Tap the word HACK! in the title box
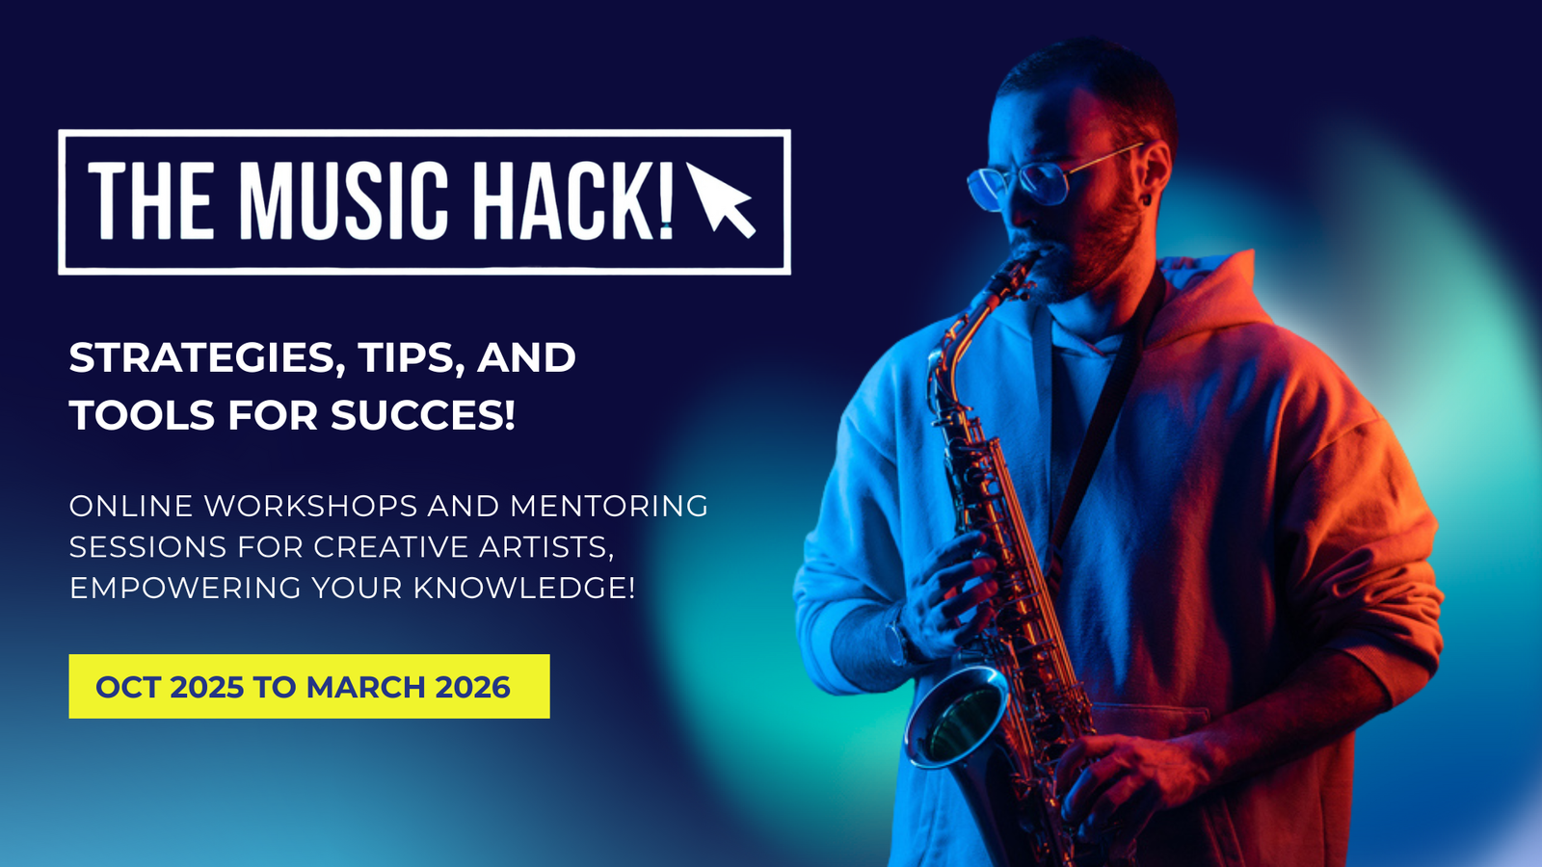pyautogui.click(x=572, y=201)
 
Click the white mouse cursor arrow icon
pyautogui.click(x=721, y=201)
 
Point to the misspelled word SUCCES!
pyautogui.click(x=423, y=415)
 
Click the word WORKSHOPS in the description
pyautogui.click(x=311, y=506)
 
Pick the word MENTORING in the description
pyautogui.click(x=609, y=506)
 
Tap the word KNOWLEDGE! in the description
pyautogui.click(x=524, y=588)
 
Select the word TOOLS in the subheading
pyautogui.click(x=142, y=415)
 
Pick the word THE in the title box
pyautogui.click(x=150, y=201)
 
